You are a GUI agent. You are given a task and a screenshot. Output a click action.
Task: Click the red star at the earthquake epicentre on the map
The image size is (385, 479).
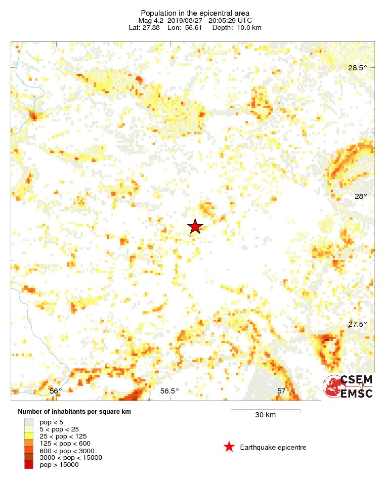tap(195, 227)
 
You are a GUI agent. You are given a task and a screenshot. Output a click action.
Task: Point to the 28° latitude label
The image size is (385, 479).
tap(360, 196)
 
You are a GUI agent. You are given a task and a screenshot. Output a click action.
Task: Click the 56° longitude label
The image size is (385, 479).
tap(56, 390)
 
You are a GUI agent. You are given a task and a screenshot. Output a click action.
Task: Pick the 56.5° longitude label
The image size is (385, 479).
tap(169, 390)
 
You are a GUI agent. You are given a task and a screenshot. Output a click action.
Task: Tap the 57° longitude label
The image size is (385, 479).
tap(283, 390)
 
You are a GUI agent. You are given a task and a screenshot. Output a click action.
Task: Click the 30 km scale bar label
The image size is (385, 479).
tap(265, 415)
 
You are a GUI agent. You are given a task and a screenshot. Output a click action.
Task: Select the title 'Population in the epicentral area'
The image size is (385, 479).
tap(195, 13)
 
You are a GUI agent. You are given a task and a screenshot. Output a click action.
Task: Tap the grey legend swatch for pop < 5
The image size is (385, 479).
tap(29, 421)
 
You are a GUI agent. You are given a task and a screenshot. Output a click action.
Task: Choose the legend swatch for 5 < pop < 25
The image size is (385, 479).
tap(29, 428)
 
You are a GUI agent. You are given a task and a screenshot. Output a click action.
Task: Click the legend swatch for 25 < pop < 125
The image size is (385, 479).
tap(29, 436)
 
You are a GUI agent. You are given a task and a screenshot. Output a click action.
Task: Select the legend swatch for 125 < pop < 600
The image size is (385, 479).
tap(29, 443)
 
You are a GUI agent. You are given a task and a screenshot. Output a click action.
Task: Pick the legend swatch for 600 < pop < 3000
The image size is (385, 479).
tap(29, 450)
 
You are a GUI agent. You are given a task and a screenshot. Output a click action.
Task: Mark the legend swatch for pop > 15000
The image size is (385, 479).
tap(29, 465)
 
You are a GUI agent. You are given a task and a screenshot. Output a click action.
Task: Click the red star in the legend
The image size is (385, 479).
tap(229, 447)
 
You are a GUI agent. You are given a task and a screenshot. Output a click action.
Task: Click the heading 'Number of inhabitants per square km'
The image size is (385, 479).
tap(74, 412)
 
